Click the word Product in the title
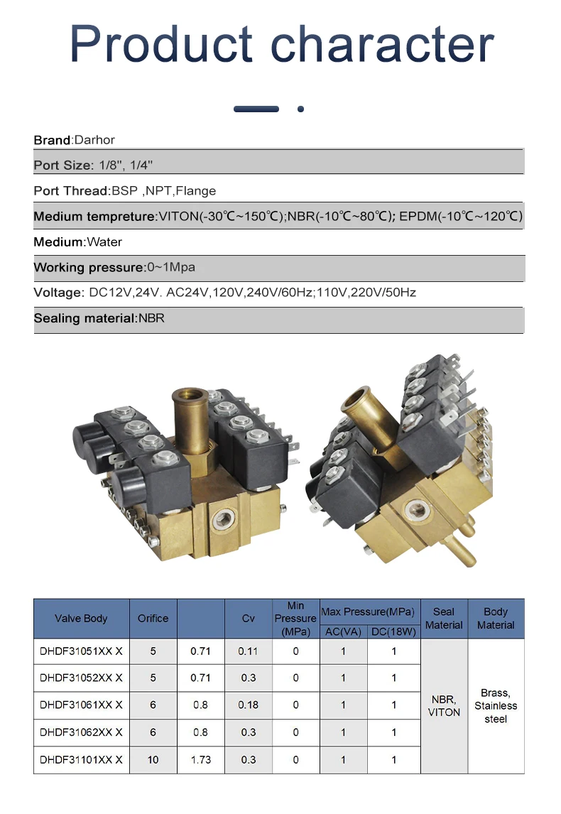pyautogui.click(x=161, y=44)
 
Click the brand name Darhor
pyautogui.click(x=94, y=140)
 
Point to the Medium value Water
pyautogui.click(x=104, y=242)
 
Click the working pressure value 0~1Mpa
pyautogui.click(x=171, y=268)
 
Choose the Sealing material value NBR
pyautogui.click(x=151, y=318)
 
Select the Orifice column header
pyautogui.click(x=153, y=619)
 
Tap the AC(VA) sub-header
pyautogui.click(x=343, y=631)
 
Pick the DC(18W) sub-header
pyautogui.click(x=394, y=631)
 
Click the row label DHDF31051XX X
pyautogui.click(x=81, y=651)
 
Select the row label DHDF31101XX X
pyautogui.click(x=81, y=760)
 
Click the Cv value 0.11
pyautogui.click(x=248, y=651)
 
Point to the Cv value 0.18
pyautogui.click(x=248, y=705)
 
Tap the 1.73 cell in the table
pyautogui.click(x=200, y=760)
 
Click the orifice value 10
pyautogui.click(x=153, y=760)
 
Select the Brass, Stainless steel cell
pyautogui.click(x=496, y=705)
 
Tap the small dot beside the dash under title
pyautogui.click(x=301, y=109)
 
